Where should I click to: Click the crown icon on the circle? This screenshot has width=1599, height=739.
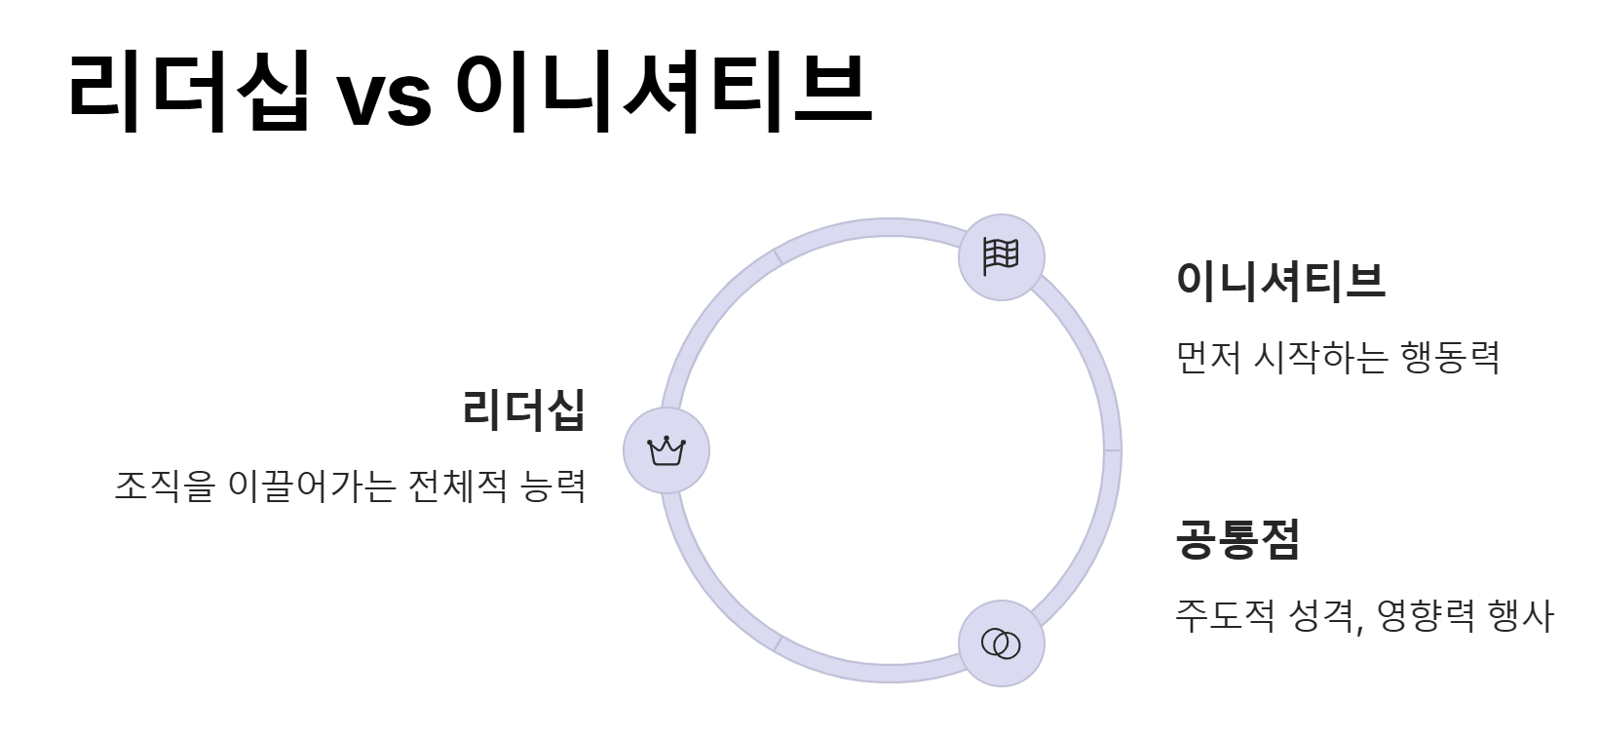coord(666,450)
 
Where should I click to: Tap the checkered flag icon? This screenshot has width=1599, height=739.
coord(1001,257)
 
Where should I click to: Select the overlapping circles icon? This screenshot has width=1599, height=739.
coord(1001,643)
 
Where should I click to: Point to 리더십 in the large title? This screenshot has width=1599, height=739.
coord(190,91)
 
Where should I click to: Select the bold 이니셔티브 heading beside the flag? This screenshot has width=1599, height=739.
coord(1280,280)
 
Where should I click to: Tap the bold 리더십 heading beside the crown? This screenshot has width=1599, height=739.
coord(524,408)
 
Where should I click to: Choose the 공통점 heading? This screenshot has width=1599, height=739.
coord(1237,538)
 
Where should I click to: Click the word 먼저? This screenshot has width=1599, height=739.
coord(1208,358)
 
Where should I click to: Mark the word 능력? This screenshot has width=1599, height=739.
coord(553,485)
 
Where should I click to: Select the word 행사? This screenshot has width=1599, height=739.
coord(1520,616)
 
